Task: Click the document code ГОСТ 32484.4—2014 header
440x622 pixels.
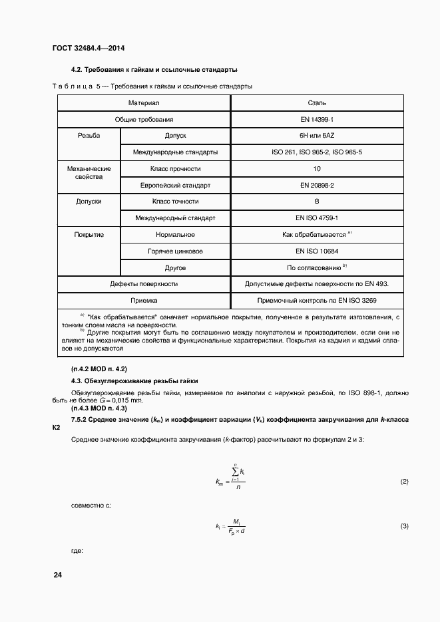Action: click(88, 49)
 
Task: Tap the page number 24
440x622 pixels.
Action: click(57, 574)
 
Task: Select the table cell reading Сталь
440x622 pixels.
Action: click(317, 103)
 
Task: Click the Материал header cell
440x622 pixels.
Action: click(144, 103)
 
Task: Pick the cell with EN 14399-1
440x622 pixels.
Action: click(317, 119)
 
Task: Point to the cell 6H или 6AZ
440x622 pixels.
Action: click(317, 136)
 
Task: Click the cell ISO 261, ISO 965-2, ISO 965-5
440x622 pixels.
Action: click(317, 152)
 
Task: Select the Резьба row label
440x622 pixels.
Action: click(89, 136)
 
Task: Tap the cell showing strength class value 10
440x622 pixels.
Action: click(317, 169)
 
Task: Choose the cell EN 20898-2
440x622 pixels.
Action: click(317, 185)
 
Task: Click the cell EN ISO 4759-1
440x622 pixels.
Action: click(317, 218)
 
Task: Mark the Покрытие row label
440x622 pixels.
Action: click(89, 234)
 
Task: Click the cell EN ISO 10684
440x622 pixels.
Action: click(317, 251)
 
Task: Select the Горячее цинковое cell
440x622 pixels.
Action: click(175, 251)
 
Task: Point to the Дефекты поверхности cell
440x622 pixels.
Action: click(144, 283)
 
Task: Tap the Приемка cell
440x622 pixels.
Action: click(144, 300)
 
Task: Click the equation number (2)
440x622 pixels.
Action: click(404, 481)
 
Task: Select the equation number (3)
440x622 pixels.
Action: click(404, 526)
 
